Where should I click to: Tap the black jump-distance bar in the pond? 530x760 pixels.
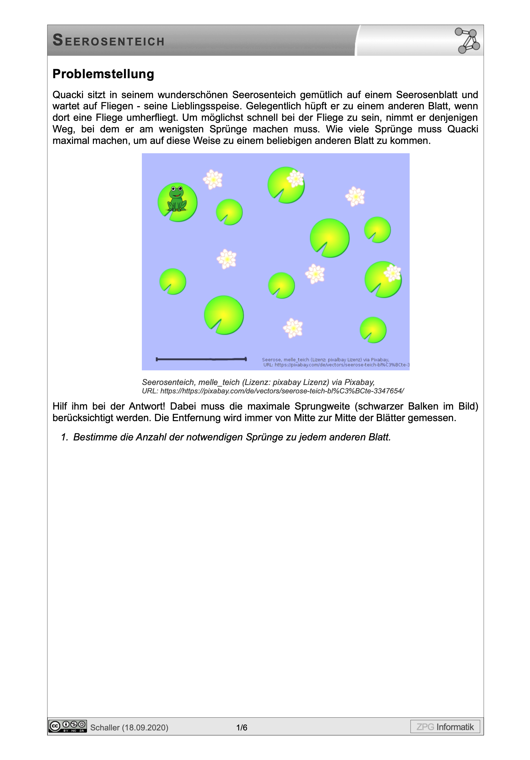point(201,359)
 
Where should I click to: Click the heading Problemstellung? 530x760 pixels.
point(104,74)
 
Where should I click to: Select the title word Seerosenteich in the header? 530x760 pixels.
point(108,41)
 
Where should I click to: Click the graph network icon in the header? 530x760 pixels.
point(467,40)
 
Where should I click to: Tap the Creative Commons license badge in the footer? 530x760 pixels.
point(68,726)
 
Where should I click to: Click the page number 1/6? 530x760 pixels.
point(242,727)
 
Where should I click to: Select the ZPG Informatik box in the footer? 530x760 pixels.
point(445,727)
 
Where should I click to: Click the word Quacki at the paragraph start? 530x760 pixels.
point(68,95)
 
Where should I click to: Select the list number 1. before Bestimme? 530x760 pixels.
point(64,437)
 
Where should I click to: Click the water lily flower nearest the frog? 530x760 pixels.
point(213,179)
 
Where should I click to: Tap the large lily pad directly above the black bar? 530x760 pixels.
point(224,315)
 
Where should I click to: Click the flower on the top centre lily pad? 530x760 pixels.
point(295,178)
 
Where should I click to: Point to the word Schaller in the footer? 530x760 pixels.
point(105,728)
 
